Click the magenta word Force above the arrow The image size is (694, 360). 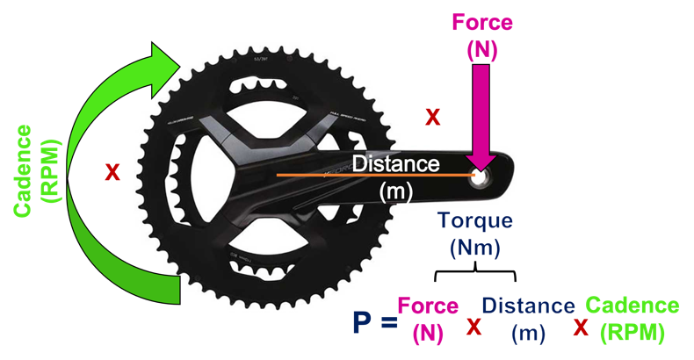pos(481,22)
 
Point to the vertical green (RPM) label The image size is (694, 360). pos(52,172)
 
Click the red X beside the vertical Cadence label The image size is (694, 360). pos(112,173)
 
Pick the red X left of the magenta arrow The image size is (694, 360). pos(432,117)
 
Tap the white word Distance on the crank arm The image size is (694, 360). pos(395,163)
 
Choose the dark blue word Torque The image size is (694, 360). pos(474,222)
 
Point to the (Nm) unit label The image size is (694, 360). pos(474,248)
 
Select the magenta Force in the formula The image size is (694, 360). pos(428,306)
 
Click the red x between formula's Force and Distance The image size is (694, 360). pos(474,328)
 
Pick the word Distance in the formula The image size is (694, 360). pos(528,306)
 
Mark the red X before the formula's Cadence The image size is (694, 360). pos(581,328)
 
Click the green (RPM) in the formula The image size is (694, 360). pos(632,333)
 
